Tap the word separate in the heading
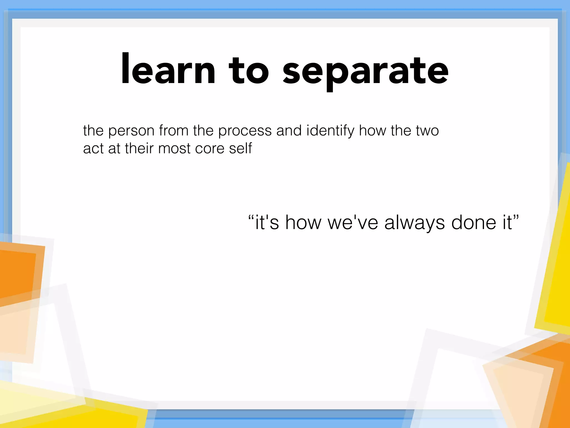pos(365,71)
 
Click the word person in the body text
pos(131,131)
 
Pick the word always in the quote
pos(414,223)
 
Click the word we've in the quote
pos(353,223)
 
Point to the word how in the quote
pos(303,223)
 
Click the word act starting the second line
pos(93,149)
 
